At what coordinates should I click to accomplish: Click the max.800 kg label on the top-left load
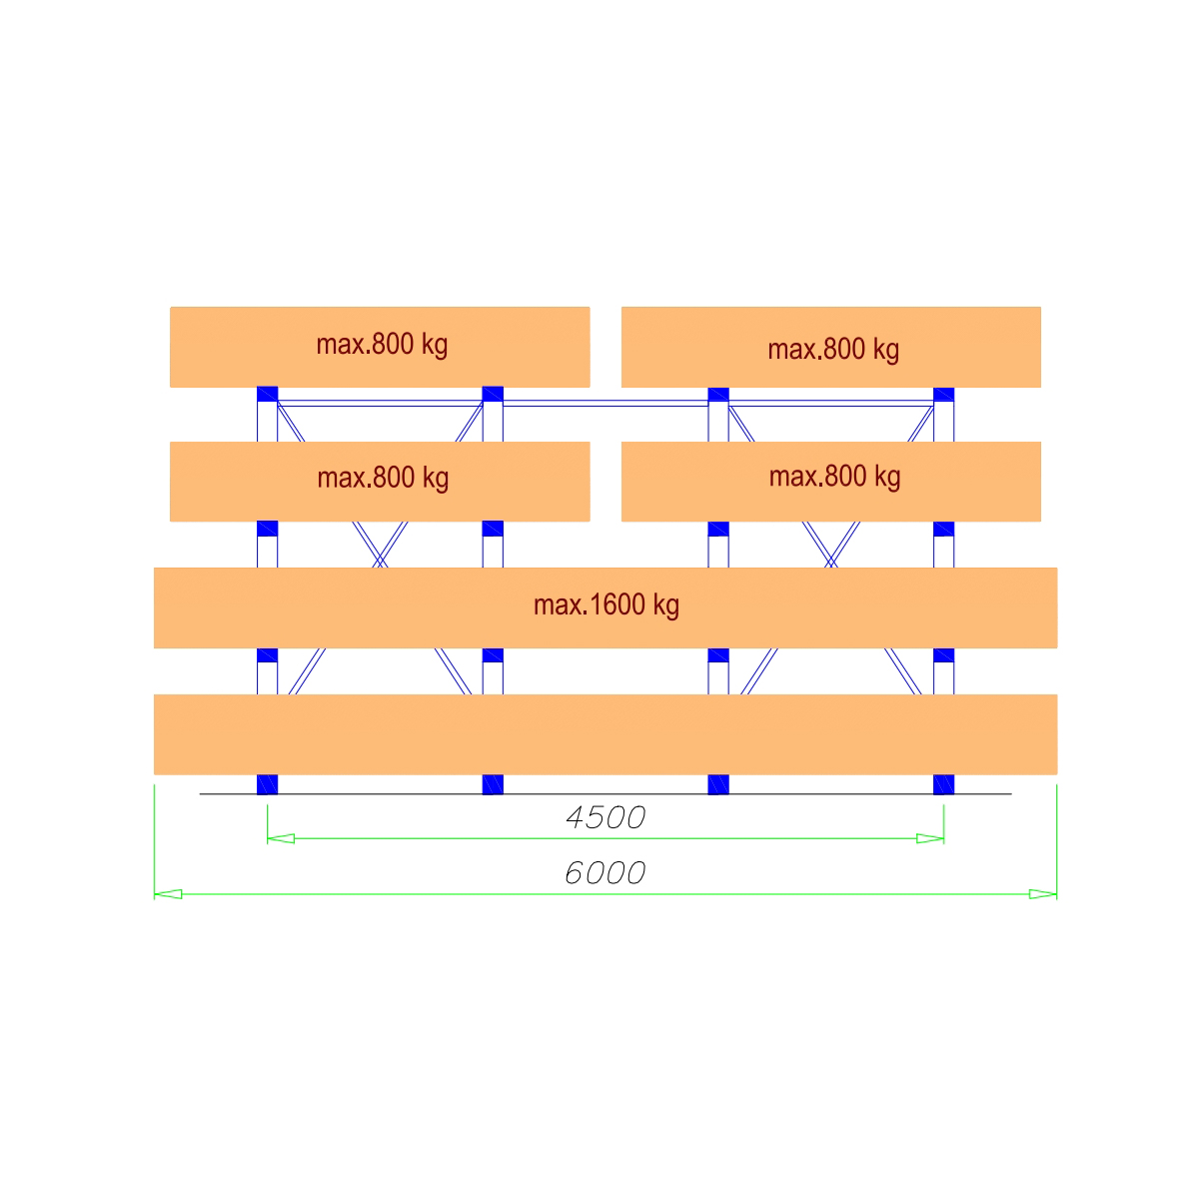click(x=382, y=345)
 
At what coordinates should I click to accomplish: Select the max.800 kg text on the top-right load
click(x=833, y=350)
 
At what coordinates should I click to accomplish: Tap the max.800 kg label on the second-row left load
click(x=383, y=479)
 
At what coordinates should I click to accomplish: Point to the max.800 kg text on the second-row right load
click(x=834, y=478)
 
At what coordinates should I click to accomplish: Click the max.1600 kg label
click(x=606, y=605)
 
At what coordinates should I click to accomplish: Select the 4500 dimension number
click(x=604, y=817)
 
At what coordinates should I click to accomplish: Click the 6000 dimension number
click(x=604, y=873)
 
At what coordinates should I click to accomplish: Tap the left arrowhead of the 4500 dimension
click(x=281, y=838)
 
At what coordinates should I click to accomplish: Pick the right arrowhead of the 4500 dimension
click(x=930, y=838)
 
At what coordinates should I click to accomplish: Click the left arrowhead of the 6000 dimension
click(x=168, y=894)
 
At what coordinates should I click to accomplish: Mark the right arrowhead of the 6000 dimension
click(x=1043, y=894)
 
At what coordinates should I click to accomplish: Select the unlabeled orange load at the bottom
click(x=605, y=734)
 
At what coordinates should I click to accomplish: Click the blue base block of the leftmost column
click(x=268, y=784)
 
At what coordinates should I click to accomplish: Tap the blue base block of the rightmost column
click(x=944, y=784)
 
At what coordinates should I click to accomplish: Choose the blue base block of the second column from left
click(x=493, y=784)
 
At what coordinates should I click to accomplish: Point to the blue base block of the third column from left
click(x=718, y=784)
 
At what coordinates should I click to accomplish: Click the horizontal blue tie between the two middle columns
click(x=605, y=404)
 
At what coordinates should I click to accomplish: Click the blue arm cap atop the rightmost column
click(x=944, y=395)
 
